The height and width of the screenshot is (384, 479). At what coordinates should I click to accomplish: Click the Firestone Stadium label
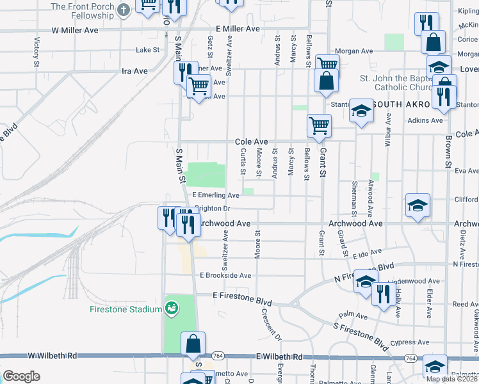coord(126,310)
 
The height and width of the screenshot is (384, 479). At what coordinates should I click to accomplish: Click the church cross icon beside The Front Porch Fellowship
coord(124,8)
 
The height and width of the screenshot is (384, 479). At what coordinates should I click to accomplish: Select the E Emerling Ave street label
coord(216,195)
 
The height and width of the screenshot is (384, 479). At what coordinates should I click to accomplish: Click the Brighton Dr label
coord(212,209)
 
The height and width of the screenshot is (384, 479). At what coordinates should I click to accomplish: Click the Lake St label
coord(147,50)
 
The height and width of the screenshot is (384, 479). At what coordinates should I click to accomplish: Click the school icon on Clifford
coord(418,205)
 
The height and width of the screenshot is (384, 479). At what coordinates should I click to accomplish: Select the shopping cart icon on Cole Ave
coord(319,125)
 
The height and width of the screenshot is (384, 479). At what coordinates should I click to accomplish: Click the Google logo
coord(21,376)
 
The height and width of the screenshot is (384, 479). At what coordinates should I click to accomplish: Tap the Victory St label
coord(36,51)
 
